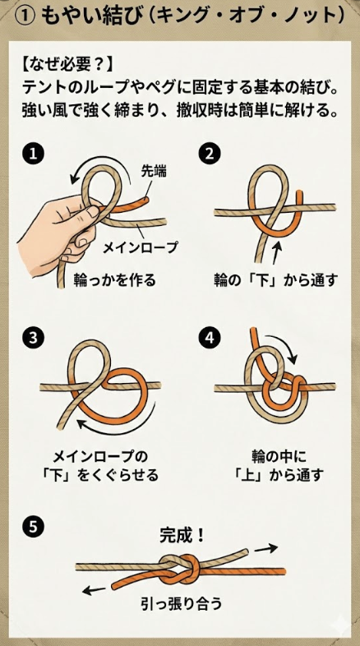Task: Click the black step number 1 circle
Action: click(x=33, y=154)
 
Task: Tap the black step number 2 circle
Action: click(x=210, y=154)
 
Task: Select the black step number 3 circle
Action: click(x=33, y=338)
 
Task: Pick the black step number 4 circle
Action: click(x=210, y=338)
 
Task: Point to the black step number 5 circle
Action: click(x=33, y=527)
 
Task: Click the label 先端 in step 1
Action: click(x=154, y=172)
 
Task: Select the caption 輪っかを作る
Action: click(x=115, y=280)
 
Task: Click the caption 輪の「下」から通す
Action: click(x=276, y=280)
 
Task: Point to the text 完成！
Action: click(x=182, y=535)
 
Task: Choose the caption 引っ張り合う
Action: click(x=182, y=604)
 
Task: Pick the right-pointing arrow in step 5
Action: click(x=265, y=549)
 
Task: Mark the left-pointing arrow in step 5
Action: click(x=95, y=590)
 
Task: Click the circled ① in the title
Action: click(x=24, y=16)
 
